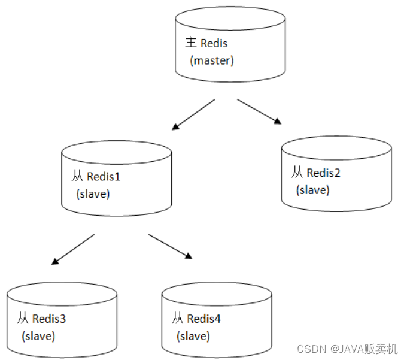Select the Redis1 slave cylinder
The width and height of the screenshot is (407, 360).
click(117, 180)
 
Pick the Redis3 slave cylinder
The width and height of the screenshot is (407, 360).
click(62, 321)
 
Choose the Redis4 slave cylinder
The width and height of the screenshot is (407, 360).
click(217, 321)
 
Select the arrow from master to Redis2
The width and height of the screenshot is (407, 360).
click(259, 111)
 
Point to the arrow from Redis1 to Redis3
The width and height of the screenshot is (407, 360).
click(73, 249)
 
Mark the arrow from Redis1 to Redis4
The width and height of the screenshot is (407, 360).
click(170, 246)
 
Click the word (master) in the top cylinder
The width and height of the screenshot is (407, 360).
click(212, 60)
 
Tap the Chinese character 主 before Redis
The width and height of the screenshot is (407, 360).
click(191, 43)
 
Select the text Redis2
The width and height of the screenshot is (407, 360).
click(323, 173)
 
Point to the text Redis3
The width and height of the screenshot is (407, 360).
click(49, 319)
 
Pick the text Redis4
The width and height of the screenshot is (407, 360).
click(204, 319)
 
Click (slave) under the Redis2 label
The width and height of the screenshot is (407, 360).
click(312, 190)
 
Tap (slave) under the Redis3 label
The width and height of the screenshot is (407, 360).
click(38, 336)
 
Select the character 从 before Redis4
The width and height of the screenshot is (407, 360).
click(177, 319)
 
